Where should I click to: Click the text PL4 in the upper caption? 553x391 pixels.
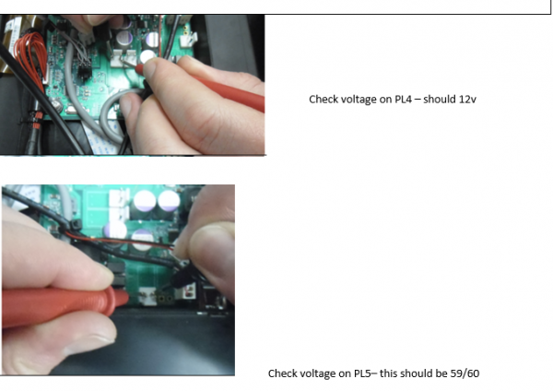click(403, 100)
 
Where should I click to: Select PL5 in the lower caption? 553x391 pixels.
click(362, 373)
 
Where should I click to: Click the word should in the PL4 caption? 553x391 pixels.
click(435, 100)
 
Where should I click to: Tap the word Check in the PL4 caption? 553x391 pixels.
click(320, 100)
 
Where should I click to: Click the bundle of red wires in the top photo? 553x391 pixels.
click(31, 58)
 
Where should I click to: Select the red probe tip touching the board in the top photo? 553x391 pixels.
click(137, 66)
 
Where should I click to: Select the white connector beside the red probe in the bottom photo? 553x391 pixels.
click(147, 296)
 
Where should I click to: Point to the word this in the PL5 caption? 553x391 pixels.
click(388, 373)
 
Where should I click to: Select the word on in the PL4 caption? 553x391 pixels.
click(385, 100)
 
